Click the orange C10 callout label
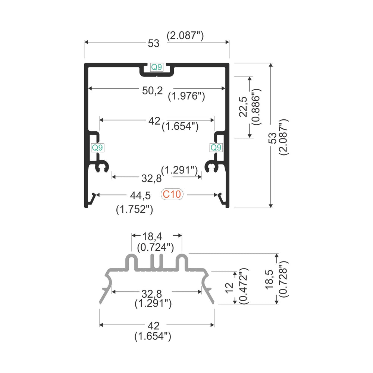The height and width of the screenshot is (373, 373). pos(172,194)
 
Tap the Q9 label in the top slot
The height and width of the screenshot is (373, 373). pos(157,67)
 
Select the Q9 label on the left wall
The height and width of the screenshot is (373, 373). pos(97,148)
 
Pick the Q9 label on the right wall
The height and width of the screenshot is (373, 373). pos(216,148)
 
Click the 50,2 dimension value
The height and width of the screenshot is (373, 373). pos(153,91)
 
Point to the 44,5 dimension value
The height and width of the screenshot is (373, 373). pos(140,195)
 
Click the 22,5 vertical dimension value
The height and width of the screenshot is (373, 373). pos(243,107)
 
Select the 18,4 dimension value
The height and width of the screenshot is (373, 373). pos(152,236)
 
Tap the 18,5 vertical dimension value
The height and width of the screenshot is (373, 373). pos(270,279)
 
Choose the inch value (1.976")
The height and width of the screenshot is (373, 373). pos(186,96)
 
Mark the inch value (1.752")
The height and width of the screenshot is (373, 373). pos(135,210)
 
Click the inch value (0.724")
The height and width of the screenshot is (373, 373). pos(156,248)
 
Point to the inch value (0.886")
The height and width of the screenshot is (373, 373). pos(257,107)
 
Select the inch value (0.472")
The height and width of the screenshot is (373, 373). pos(244,286)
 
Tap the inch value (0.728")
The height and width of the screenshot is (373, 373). pos(283,279)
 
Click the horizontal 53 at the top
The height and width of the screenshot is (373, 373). pos(154,44)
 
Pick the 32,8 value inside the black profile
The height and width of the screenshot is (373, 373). pos(151,178)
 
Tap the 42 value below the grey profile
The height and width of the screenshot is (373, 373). pos(154,326)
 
